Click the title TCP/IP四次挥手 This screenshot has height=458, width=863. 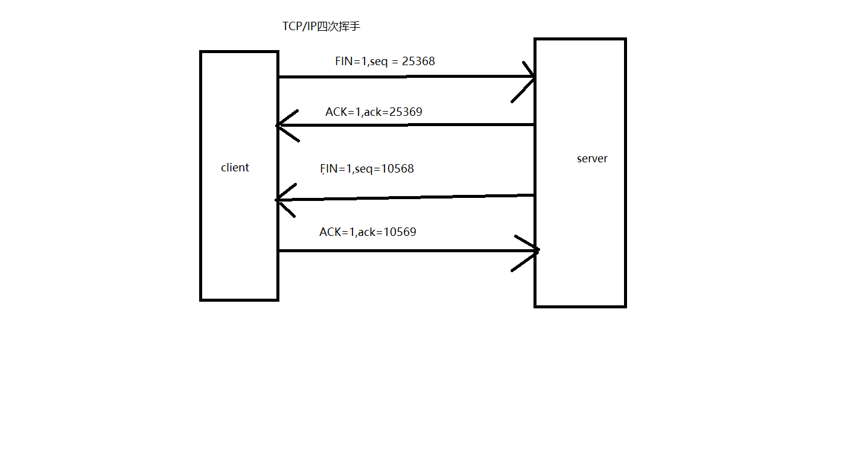[x=321, y=27]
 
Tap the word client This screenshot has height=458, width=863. [x=235, y=168]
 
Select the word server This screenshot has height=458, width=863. [x=592, y=159]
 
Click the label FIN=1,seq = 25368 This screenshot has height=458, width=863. [x=384, y=61]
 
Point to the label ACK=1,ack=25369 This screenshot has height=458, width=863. [x=374, y=112]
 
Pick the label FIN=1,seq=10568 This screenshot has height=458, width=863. [x=367, y=169]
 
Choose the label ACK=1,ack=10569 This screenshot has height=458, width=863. [x=368, y=232]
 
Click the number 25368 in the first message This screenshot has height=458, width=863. [x=418, y=61]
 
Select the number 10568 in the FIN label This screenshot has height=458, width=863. [x=398, y=169]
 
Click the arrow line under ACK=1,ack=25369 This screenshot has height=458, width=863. [x=404, y=125]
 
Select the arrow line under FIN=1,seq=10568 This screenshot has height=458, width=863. [x=404, y=197]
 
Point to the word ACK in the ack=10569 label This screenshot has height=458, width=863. [x=330, y=232]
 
